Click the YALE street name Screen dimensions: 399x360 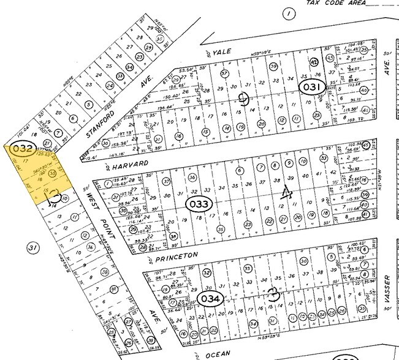coord(222,53)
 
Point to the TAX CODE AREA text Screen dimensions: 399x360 coord(335,3)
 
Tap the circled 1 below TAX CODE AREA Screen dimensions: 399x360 coord(286,13)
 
